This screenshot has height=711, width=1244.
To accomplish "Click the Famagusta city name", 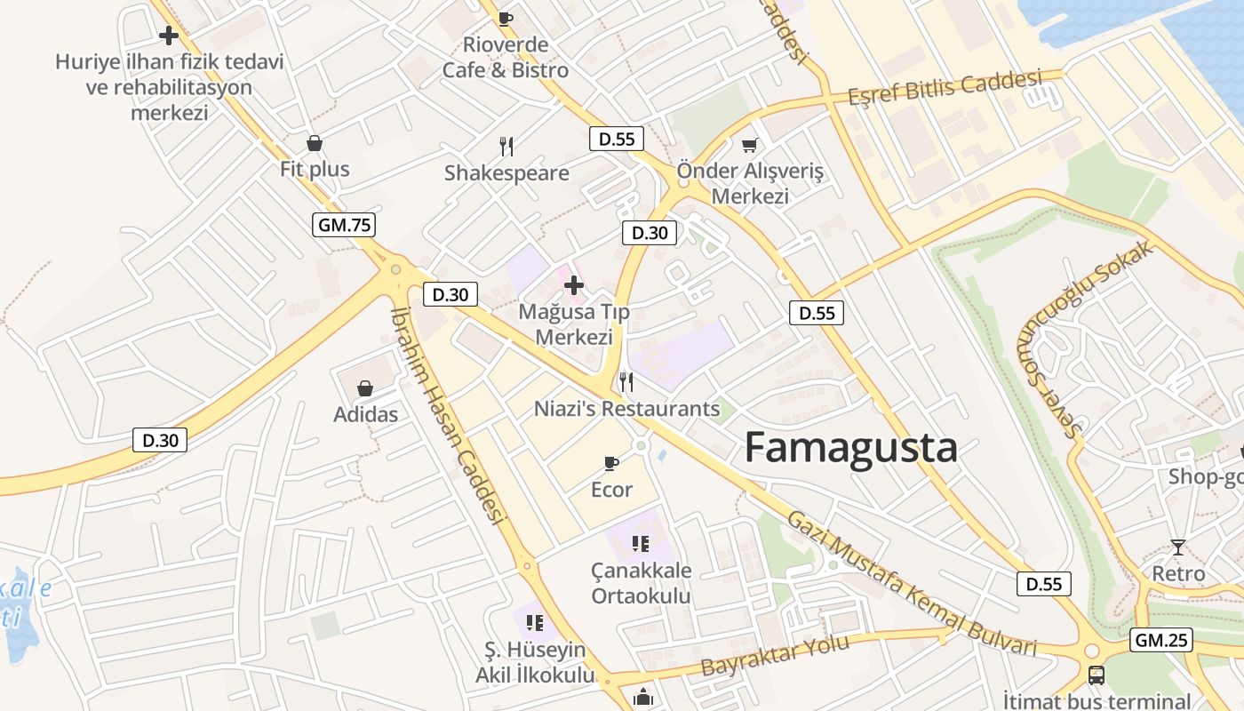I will [x=850, y=447].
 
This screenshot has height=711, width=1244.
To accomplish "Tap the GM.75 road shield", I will [x=344, y=225].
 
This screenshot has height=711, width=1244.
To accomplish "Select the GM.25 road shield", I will [x=1161, y=640].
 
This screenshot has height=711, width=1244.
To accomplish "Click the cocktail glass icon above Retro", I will [x=1178, y=547].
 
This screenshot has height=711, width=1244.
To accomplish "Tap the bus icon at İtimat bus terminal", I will [x=1096, y=675].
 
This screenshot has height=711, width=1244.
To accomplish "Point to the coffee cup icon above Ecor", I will [x=611, y=463].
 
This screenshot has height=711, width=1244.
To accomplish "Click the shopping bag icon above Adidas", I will [x=365, y=388].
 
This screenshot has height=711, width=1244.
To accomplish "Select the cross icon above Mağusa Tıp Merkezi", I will [x=574, y=285].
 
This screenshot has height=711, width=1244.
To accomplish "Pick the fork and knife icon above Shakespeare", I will [x=506, y=147].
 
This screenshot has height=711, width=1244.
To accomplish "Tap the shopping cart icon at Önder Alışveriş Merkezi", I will [x=750, y=145].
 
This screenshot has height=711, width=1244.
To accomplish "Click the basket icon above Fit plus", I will [x=315, y=143].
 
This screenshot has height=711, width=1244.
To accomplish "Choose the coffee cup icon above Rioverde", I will [x=505, y=18].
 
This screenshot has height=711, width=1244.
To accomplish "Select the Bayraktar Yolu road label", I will [x=776, y=654].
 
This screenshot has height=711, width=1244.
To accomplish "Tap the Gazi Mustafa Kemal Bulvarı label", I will [x=912, y=583].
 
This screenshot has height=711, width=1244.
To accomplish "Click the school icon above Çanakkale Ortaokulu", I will [x=641, y=543].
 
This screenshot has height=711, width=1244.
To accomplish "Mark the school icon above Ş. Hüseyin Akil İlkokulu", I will [x=534, y=622].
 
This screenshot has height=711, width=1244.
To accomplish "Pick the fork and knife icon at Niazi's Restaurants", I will [x=626, y=382].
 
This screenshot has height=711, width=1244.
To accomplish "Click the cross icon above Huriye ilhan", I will [x=169, y=36].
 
